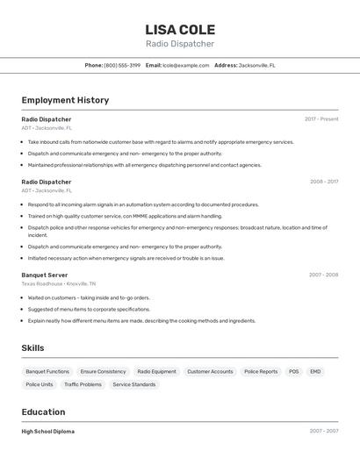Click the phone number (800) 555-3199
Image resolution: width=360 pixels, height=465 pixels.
[x=122, y=65]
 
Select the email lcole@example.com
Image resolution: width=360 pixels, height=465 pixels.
[x=185, y=65]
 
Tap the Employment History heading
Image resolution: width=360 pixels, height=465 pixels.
[x=65, y=100]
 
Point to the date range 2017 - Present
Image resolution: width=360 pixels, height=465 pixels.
[x=321, y=119]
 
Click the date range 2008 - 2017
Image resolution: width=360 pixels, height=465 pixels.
[x=323, y=182]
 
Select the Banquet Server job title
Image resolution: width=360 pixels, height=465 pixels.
[x=45, y=275]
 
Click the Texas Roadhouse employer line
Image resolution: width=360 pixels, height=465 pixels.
[x=59, y=283]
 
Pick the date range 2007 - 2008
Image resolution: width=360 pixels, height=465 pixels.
[x=323, y=275]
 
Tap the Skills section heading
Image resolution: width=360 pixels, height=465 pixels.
[x=32, y=348]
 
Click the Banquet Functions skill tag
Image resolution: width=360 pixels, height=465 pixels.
[x=47, y=372]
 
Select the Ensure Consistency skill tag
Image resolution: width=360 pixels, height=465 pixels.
[x=103, y=372]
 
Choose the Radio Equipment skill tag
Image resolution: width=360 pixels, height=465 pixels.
[x=156, y=372]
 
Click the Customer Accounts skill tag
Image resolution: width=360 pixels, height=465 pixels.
[x=210, y=372]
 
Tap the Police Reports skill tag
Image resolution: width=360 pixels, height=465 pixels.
[x=261, y=372]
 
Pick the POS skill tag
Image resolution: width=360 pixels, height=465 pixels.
[x=293, y=372]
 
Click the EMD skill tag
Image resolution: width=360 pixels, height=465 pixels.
[x=315, y=372]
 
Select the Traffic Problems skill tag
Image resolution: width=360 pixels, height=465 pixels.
[x=83, y=384]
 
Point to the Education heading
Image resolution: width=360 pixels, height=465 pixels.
[x=43, y=412]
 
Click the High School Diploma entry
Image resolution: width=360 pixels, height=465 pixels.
[x=47, y=432]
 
